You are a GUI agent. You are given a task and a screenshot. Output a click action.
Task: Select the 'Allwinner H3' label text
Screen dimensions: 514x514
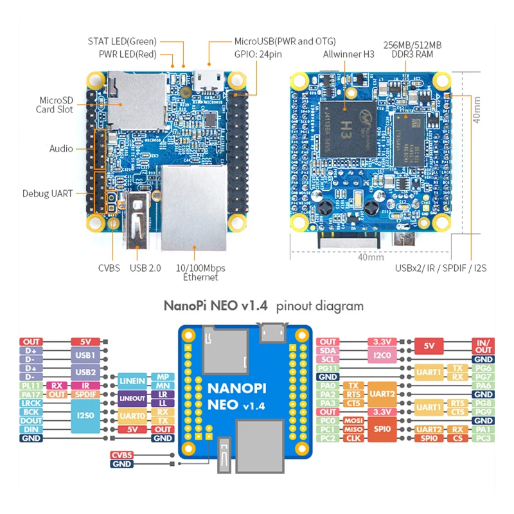coord(348,55)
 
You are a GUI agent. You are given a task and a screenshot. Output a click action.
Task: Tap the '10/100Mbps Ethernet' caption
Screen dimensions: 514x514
coord(200,272)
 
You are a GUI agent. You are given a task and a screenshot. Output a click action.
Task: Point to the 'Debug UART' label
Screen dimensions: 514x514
coord(48,193)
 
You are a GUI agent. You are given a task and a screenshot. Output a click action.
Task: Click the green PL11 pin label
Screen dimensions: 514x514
coord(31,385)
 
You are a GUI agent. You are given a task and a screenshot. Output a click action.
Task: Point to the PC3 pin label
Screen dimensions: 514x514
coord(483,438)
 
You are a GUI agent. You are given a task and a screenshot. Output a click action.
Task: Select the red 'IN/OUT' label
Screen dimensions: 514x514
coord(483,346)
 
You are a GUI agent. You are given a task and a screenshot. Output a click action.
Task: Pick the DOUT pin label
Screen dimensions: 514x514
coord(31,420)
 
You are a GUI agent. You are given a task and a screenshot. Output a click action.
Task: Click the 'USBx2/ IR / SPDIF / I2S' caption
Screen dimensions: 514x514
coord(440,268)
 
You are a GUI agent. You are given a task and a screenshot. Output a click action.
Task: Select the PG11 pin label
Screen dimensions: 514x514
coord(328,368)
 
